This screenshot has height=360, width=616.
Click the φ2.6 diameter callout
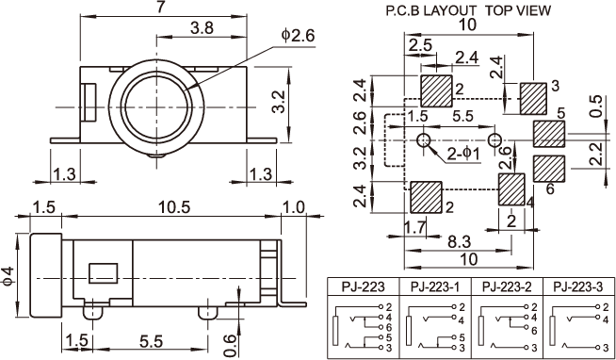(299, 37)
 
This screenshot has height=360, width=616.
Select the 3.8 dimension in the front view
(202, 28)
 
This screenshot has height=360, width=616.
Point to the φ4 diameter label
(8, 275)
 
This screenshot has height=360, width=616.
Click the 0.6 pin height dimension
(231, 340)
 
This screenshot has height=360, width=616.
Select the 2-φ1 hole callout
(464, 155)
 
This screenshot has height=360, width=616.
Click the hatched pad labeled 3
(533, 98)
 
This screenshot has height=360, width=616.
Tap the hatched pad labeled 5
(549, 134)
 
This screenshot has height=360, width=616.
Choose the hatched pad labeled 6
(549, 169)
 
